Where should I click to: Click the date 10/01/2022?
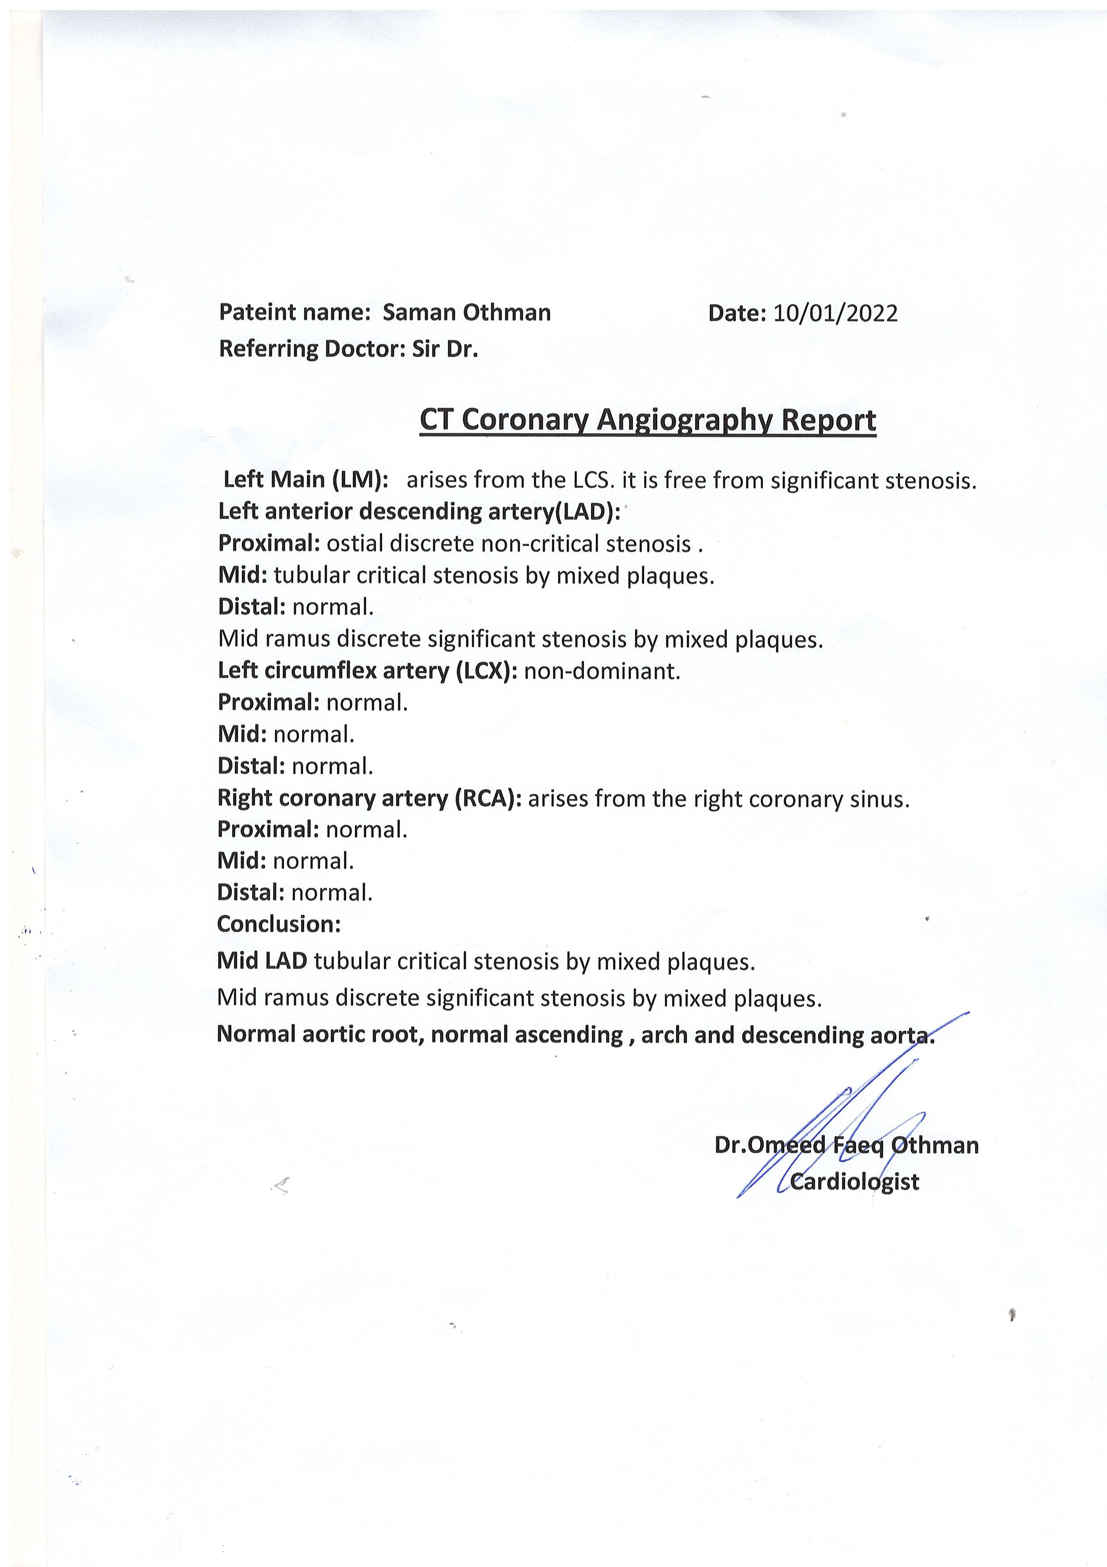click(835, 313)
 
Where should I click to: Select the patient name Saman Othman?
click(466, 313)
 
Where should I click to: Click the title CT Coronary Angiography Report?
click(647, 420)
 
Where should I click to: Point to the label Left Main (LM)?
click(306, 480)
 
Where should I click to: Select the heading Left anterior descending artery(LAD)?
click(419, 511)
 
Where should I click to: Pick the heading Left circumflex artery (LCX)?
click(368, 671)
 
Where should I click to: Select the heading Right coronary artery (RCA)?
click(369, 798)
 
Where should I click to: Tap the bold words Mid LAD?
click(262, 961)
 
